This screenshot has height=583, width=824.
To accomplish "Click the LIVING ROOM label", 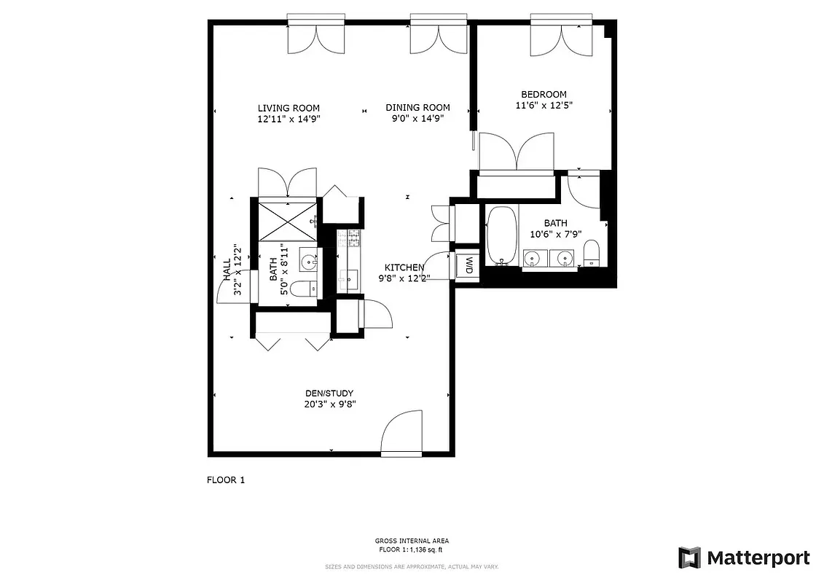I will point(289,108).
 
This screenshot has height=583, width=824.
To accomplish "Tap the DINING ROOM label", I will point(417,108).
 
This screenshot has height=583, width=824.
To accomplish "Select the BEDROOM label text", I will point(544,94).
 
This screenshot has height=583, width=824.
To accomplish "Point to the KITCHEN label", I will point(404,267).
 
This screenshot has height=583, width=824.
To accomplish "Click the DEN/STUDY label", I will point(330,394).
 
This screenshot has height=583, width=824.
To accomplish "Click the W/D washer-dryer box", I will point(466,265).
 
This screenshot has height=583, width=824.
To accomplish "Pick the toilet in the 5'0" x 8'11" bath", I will point(303,290).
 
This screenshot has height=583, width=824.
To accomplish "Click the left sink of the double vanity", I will point(535,258).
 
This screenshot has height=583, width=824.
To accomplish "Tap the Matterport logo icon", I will point(689,557).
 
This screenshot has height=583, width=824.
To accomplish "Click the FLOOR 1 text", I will point(227,480).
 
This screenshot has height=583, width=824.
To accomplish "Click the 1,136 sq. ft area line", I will point(412,549).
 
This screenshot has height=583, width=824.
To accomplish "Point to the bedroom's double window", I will point(561,33).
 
